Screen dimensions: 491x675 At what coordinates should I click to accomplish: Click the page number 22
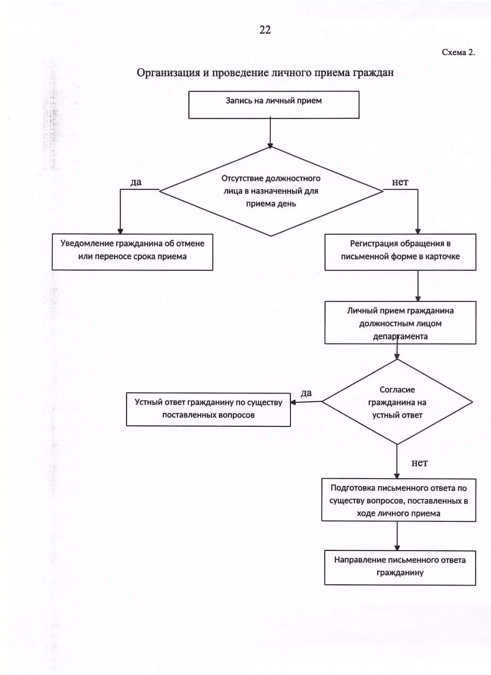(x=265, y=30)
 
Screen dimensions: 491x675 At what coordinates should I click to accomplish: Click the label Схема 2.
(x=458, y=52)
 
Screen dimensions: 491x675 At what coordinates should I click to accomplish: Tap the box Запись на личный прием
(x=274, y=105)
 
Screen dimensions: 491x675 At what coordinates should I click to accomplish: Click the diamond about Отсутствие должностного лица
(x=271, y=191)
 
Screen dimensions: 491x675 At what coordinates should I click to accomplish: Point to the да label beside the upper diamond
(x=136, y=182)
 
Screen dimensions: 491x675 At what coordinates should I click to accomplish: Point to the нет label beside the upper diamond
(x=400, y=182)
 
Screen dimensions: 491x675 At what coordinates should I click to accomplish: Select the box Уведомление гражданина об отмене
(x=133, y=252)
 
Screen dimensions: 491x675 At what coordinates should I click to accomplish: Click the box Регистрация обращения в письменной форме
(x=400, y=252)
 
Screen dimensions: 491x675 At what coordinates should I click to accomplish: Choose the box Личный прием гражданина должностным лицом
(x=400, y=323)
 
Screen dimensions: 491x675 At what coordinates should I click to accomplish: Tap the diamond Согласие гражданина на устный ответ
(x=397, y=401)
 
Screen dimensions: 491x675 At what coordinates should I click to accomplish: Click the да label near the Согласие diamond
(x=306, y=393)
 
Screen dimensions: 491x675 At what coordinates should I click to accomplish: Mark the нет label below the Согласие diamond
(x=419, y=463)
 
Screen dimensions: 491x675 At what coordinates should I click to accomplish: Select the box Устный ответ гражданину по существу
(x=208, y=409)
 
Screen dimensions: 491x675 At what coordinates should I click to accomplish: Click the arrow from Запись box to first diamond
(x=270, y=132)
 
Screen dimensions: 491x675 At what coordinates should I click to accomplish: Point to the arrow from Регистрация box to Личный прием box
(x=418, y=286)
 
